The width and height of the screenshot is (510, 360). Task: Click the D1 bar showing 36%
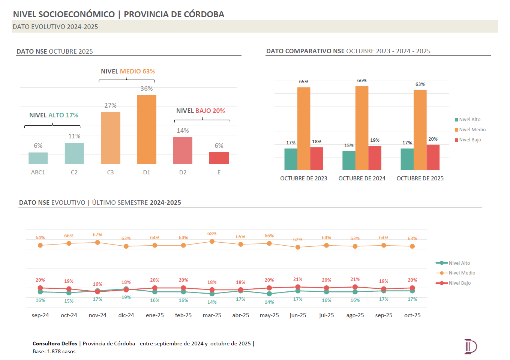pyautogui.click(x=147, y=129)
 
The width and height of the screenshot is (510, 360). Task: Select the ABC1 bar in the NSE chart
pyautogui.click(x=38, y=158)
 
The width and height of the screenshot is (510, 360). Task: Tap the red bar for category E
pyautogui.click(x=219, y=158)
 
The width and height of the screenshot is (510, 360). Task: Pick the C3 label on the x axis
pyautogui.click(x=110, y=172)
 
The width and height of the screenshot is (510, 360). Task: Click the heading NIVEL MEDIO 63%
pyautogui.click(x=127, y=71)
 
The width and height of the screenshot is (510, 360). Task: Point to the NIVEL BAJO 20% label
pyautogui.click(x=201, y=111)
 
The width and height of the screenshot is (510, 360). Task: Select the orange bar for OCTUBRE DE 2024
pyautogui.click(x=362, y=128)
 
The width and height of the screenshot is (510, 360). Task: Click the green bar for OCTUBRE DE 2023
pyautogui.click(x=291, y=159)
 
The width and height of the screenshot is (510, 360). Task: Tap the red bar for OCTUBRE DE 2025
pyautogui.click(x=433, y=157)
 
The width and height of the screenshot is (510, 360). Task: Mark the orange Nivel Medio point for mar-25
pyautogui.click(x=212, y=241)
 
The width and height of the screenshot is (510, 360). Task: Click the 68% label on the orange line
pyautogui.click(x=212, y=234)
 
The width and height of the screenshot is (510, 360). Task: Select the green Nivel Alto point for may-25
pyautogui.click(x=269, y=294)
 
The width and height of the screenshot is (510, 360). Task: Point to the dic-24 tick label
pyautogui.click(x=126, y=315)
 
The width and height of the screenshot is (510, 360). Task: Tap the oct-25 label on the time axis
pyautogui.click(x=412, y=315)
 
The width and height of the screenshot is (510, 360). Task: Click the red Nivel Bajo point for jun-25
pyautogui.click(x=298, y=287)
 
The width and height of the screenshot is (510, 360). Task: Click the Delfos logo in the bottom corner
pyautogui.click(x=470, y=346)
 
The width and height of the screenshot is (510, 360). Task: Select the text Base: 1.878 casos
pyautogui.click(x=54, y=351)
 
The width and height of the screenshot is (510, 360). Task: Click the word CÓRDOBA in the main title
pyautogui.click(x=203, y=14)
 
